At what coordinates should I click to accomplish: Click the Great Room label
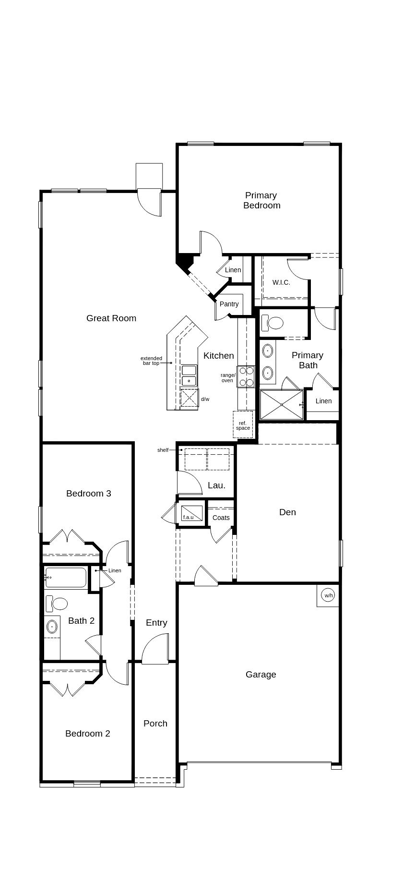pyautogui.click(x=111, y=318)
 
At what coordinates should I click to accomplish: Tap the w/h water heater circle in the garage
pyautogui.click(x=328, y=595)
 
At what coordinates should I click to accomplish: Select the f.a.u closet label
pyautogui.click(x=188, y=517)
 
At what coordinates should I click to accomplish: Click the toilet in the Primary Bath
pyautogui.click(x=273, y=323)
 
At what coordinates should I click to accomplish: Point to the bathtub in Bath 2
pyautogui.click(x=66, y=578)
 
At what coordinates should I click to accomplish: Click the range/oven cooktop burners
pyautogui.click(x=246, y=376)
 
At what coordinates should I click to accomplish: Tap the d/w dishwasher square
pyautogui.click(x=189, y=398)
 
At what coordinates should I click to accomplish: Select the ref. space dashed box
pyautogui.click(x=243, y=424)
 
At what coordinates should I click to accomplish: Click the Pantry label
pyautogui.click(x=229, y=304)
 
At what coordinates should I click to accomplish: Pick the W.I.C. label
pyautogui.click(x=281, y=282)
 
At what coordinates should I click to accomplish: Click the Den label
pyautogui.click(x=287, y=512)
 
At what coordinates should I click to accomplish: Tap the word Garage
pyautogui.click(x=261, y=675)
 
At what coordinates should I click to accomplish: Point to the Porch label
pyautogui.click(x=155, y=724)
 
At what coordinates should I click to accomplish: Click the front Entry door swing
pyautogui.click(x=156, y=650)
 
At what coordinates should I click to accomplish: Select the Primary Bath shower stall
pyautogui.click(x=282, y=405)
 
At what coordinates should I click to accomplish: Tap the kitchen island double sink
pyautogui.click(x=189, y=375)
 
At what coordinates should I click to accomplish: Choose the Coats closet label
pyautogui.click(x=221, y=518)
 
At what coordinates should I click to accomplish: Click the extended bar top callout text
pyautogui.click(x=151, y=361)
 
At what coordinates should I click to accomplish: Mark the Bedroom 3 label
pyautogui.click(x=89, y=494)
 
